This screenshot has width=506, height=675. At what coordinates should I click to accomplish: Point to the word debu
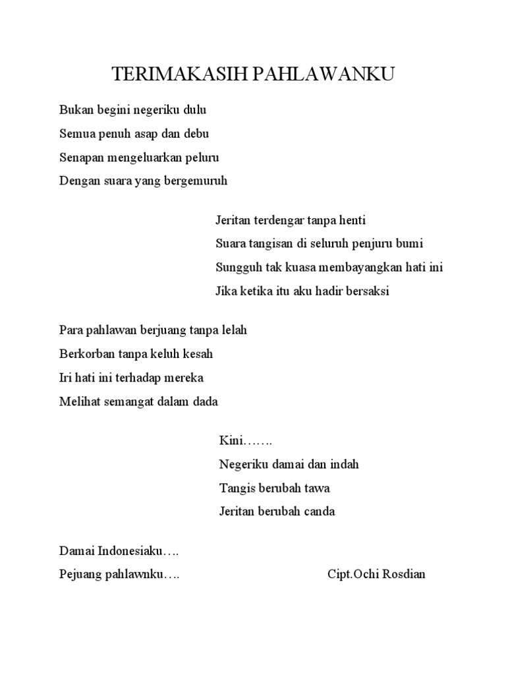coord(196,134)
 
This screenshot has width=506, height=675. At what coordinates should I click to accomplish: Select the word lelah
coord(234,330)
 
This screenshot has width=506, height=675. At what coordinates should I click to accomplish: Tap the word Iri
coord(66,378)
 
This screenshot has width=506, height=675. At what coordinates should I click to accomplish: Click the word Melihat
coord(78,401)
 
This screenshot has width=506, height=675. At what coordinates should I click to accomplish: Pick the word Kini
coord(231,440)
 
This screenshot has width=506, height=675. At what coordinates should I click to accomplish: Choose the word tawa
coord(316,488)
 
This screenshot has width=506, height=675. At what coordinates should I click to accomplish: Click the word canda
coord(318,512)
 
